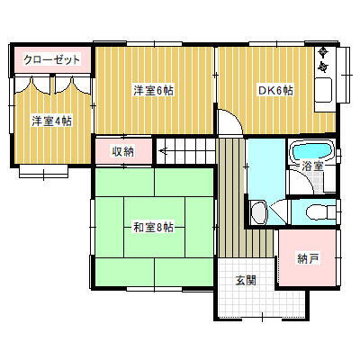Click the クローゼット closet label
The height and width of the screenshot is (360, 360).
tap(51, 59)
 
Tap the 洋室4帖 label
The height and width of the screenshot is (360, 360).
tap(51, 121)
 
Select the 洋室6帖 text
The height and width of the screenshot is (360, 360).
tap(155, 90)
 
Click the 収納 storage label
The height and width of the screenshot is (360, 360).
tap(124, 151)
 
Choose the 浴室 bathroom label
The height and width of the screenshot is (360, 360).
tap(312, 166)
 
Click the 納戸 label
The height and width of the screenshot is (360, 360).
tap(308, 259)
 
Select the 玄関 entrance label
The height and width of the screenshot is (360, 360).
tap(247, 280)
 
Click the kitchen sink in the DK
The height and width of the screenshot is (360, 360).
tap(322, 91)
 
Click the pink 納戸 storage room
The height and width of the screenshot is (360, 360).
tap(308, 259)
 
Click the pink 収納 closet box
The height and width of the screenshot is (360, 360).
tap(124, 151)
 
